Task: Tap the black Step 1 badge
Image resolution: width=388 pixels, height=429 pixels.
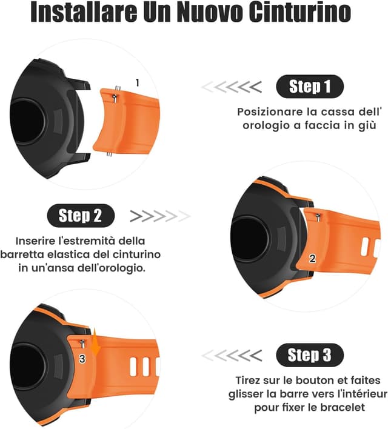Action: point(309,87)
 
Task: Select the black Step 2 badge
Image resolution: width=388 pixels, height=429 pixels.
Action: point(80,215)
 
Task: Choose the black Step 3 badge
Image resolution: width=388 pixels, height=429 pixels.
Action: point(309,355)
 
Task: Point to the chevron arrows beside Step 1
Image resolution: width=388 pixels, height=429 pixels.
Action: point(232,87)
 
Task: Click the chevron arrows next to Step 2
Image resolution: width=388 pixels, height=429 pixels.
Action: point(159,216)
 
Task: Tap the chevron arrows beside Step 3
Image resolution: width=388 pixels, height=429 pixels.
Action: point(232,355)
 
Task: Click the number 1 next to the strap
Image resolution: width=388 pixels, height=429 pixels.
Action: point(137,82)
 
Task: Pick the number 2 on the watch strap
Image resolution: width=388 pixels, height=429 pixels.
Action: point(312,259)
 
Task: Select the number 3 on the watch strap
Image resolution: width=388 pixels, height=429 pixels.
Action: point(82,359)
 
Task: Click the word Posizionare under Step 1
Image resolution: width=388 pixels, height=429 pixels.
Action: point(267,112)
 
